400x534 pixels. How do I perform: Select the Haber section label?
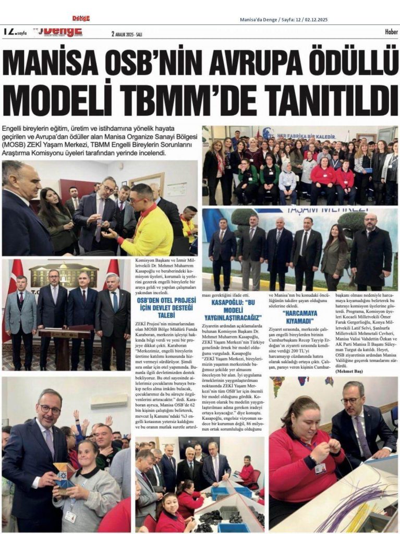pyautogui.click(x=386, y=32)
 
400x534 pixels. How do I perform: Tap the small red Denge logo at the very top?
pyautogui.click(x=80, y=18)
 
